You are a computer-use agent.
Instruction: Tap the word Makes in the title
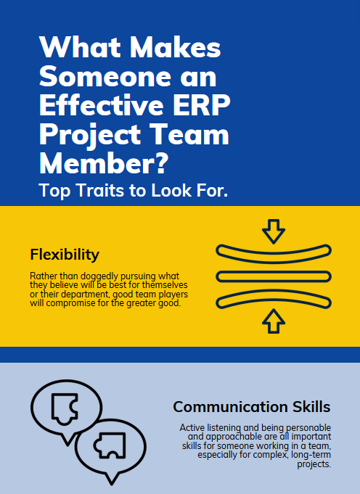175,47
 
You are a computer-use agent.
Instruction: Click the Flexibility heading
65,254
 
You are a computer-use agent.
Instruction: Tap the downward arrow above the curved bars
274,231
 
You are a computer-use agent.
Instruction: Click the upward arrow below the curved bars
274,321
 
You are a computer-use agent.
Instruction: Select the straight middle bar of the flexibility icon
274,276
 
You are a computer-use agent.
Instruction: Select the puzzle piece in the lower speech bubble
110,445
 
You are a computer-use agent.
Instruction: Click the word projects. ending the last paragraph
314,464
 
